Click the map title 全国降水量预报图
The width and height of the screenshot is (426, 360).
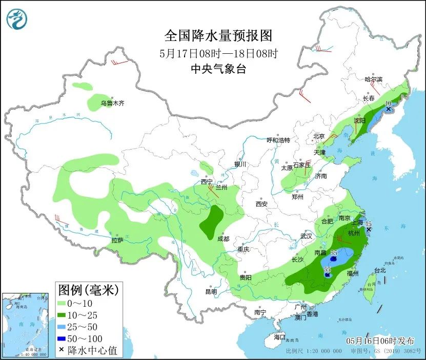coord(218,36)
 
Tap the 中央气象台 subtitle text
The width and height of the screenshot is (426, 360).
coord(218,69)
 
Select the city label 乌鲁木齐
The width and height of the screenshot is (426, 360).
coord(112,103)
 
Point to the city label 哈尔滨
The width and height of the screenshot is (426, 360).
coord(374,79)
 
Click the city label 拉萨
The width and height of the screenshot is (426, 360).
coord(117,240)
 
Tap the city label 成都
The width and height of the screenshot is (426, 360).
coord(222,239)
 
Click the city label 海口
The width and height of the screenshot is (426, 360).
coord(279,337)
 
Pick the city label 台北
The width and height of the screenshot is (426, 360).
coord(379,270)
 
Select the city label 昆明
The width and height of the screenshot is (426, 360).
coord(211,291)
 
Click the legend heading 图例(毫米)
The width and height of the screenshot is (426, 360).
coord(88,290)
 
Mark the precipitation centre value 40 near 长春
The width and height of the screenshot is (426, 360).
coord(388,103)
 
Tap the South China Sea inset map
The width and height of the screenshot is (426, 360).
coord(26,325)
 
